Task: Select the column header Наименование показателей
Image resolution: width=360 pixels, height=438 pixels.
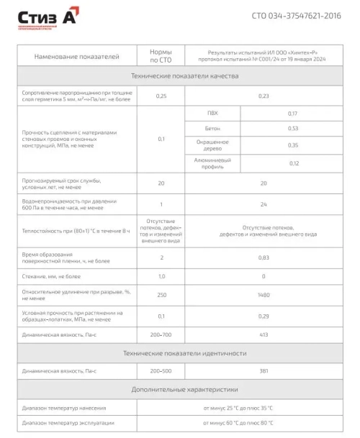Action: pos(72,56)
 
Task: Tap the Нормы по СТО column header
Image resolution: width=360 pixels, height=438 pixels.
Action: pos(161,56)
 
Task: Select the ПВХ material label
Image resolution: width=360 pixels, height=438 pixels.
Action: pos(212,114)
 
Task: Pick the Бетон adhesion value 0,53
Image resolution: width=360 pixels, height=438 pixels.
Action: pos(292,129)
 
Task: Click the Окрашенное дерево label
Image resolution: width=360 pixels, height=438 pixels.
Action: pos(212,145)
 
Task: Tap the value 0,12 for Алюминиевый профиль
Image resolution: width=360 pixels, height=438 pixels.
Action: pos(292,163)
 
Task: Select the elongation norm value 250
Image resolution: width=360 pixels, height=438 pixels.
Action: pos(161,295)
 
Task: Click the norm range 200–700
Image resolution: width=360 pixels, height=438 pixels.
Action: pos(161,334)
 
